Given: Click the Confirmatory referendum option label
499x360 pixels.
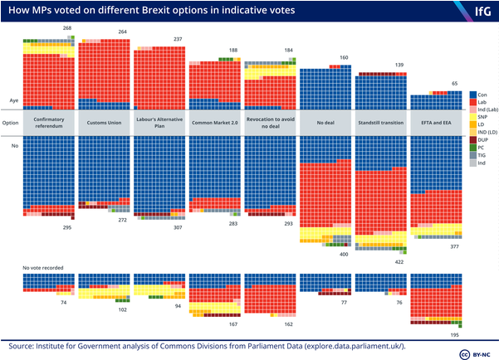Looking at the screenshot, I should click(x=49, y=122).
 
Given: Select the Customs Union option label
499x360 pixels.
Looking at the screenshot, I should click(x=105, y=122).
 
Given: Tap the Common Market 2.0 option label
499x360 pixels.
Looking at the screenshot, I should click(x=215, y=122).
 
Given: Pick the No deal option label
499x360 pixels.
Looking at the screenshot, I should click(x=325, y=122).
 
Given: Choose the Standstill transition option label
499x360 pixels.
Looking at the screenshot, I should click(x=381, y=122).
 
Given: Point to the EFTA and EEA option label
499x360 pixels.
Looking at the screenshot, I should click(x=437, y=122).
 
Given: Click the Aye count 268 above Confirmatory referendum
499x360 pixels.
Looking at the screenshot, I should click(x=67, y=28).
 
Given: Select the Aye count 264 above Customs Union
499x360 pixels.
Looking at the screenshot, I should click(x=122, y=32).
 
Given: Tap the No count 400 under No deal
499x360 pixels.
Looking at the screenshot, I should click(x=344, y=254).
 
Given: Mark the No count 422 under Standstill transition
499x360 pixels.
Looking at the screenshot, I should click(x=399, y=261).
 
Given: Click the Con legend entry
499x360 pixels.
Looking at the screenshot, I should click(x=479, y=95).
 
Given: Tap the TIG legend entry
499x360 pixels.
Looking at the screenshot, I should click(x=479, y=154).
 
